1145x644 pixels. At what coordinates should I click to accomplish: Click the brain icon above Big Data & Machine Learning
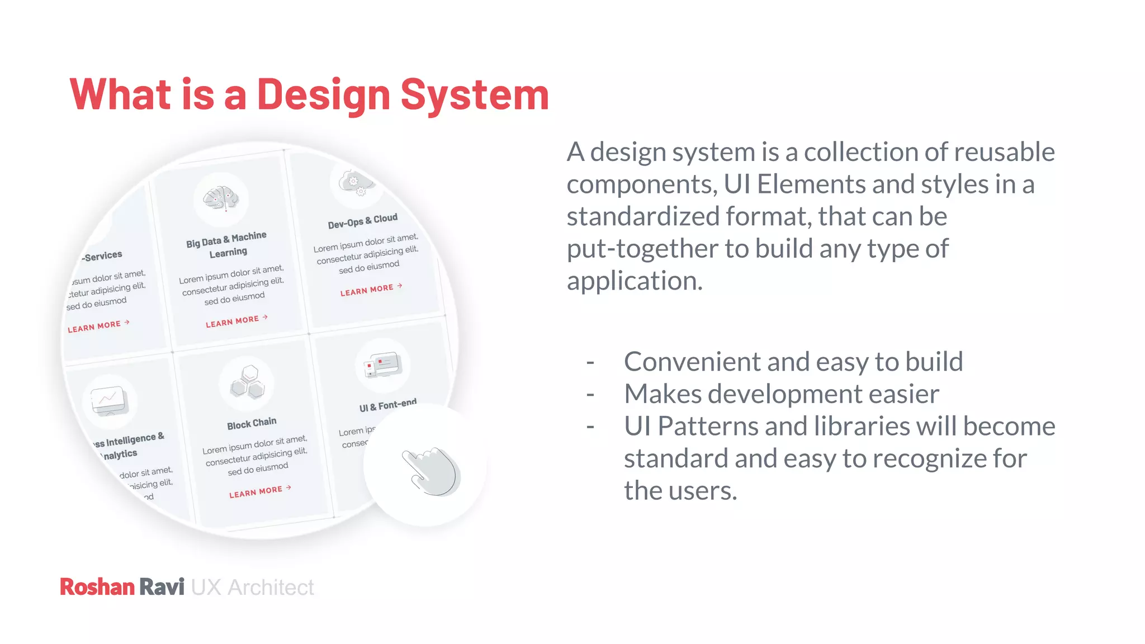coord(221,198)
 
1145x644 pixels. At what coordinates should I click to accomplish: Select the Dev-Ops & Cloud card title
coord(362,221)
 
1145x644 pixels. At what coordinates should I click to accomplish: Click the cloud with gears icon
coord(356,183)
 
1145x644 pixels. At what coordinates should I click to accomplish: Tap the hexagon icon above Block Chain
coord(247,382)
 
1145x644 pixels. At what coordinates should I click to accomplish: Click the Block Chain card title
coord(252,424)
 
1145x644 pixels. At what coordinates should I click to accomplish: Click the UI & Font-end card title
coord(387,405)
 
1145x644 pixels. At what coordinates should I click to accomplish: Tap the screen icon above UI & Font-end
coord(383,365)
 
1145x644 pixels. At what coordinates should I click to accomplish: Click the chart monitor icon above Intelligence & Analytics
coord(110,401)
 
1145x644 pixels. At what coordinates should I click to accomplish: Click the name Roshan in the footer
coord(97,587)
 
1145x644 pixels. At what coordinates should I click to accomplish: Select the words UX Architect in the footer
coord(252,588)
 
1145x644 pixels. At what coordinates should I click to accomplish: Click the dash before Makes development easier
coord(590,395)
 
